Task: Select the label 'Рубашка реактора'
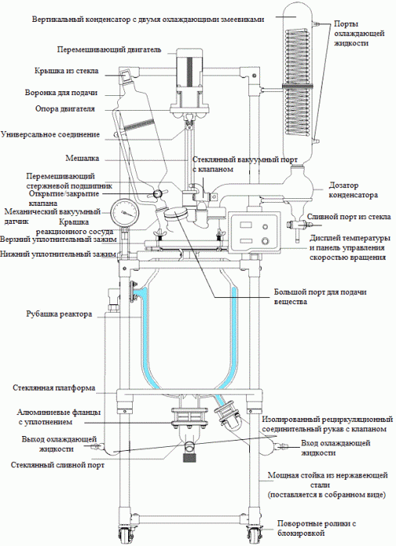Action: [65, 314]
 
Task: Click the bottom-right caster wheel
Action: [255, 535]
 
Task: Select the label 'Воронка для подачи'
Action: [60, 91]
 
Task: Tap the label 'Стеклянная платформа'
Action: [55, 388]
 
